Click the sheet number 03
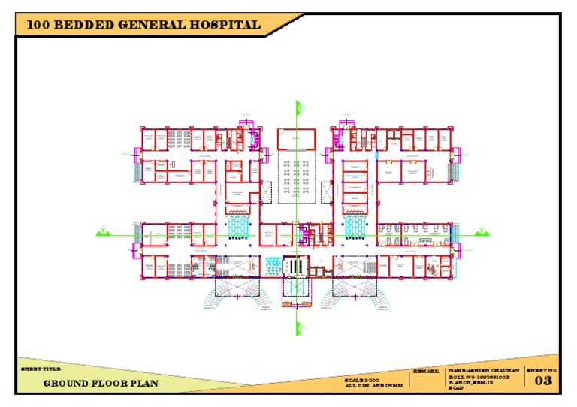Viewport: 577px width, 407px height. (542, 381)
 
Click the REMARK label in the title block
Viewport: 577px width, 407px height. (426, 372)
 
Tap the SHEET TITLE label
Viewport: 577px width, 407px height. (38, 370)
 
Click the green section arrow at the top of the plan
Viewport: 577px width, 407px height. (298, 107)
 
